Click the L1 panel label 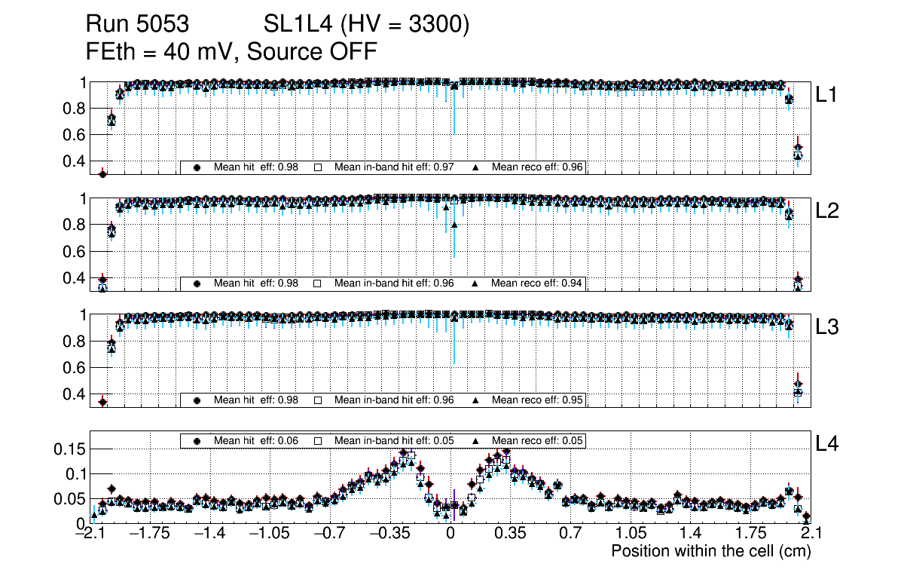point(827,95)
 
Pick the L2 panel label point(827,211)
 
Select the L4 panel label point(827,444)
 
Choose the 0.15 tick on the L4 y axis point(70,449)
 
